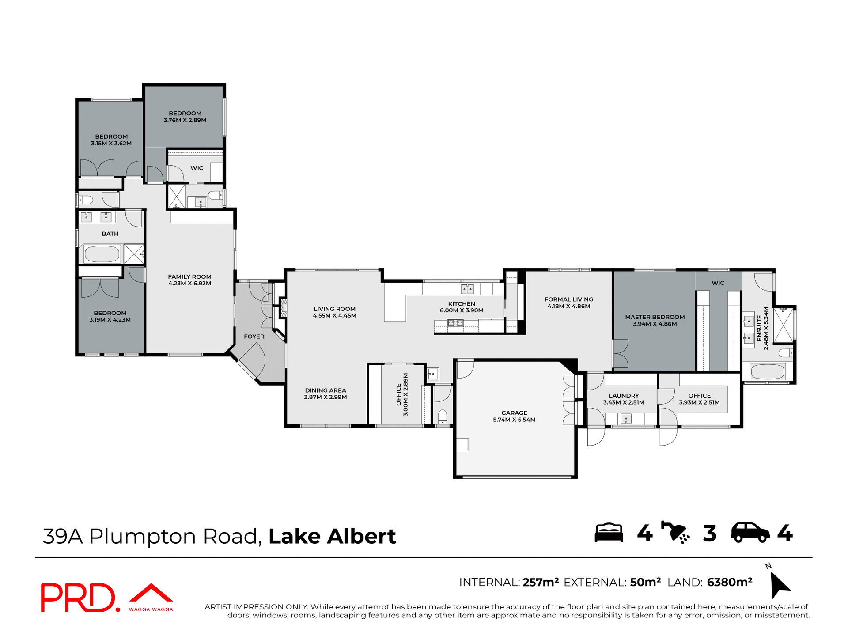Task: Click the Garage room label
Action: (514, 413)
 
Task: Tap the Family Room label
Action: (189, 277)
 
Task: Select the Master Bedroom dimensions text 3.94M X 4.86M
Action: (655, 324)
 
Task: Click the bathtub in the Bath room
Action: (102, 254)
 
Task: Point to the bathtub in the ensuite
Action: (767, 372)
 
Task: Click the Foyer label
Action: (254, 337)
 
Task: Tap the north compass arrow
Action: (779, 585)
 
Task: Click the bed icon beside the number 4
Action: (609, 533)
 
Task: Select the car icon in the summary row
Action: (750, 533)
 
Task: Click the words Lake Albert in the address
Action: (332, 537)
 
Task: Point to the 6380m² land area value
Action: (730, 582)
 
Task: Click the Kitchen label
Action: (462, 304)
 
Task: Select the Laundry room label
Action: (624, 396)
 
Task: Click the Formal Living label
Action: (568, 299)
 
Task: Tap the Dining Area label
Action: (326, 390)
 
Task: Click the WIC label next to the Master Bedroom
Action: (718, 283)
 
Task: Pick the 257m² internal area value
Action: (541, 582)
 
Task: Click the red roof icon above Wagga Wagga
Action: (151, 593)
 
